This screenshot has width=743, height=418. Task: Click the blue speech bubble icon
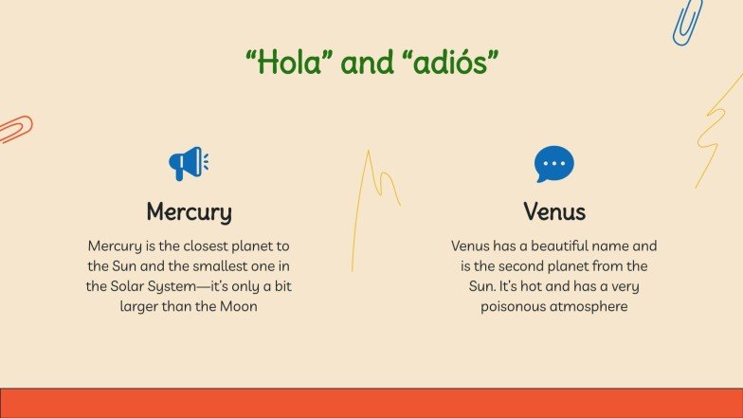[553, 165]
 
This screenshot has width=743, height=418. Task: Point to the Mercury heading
[189, 210]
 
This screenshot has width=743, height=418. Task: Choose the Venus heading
[553, 210]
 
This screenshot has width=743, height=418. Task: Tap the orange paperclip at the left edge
[14, 129]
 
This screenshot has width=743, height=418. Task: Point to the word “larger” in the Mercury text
[143, 307]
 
